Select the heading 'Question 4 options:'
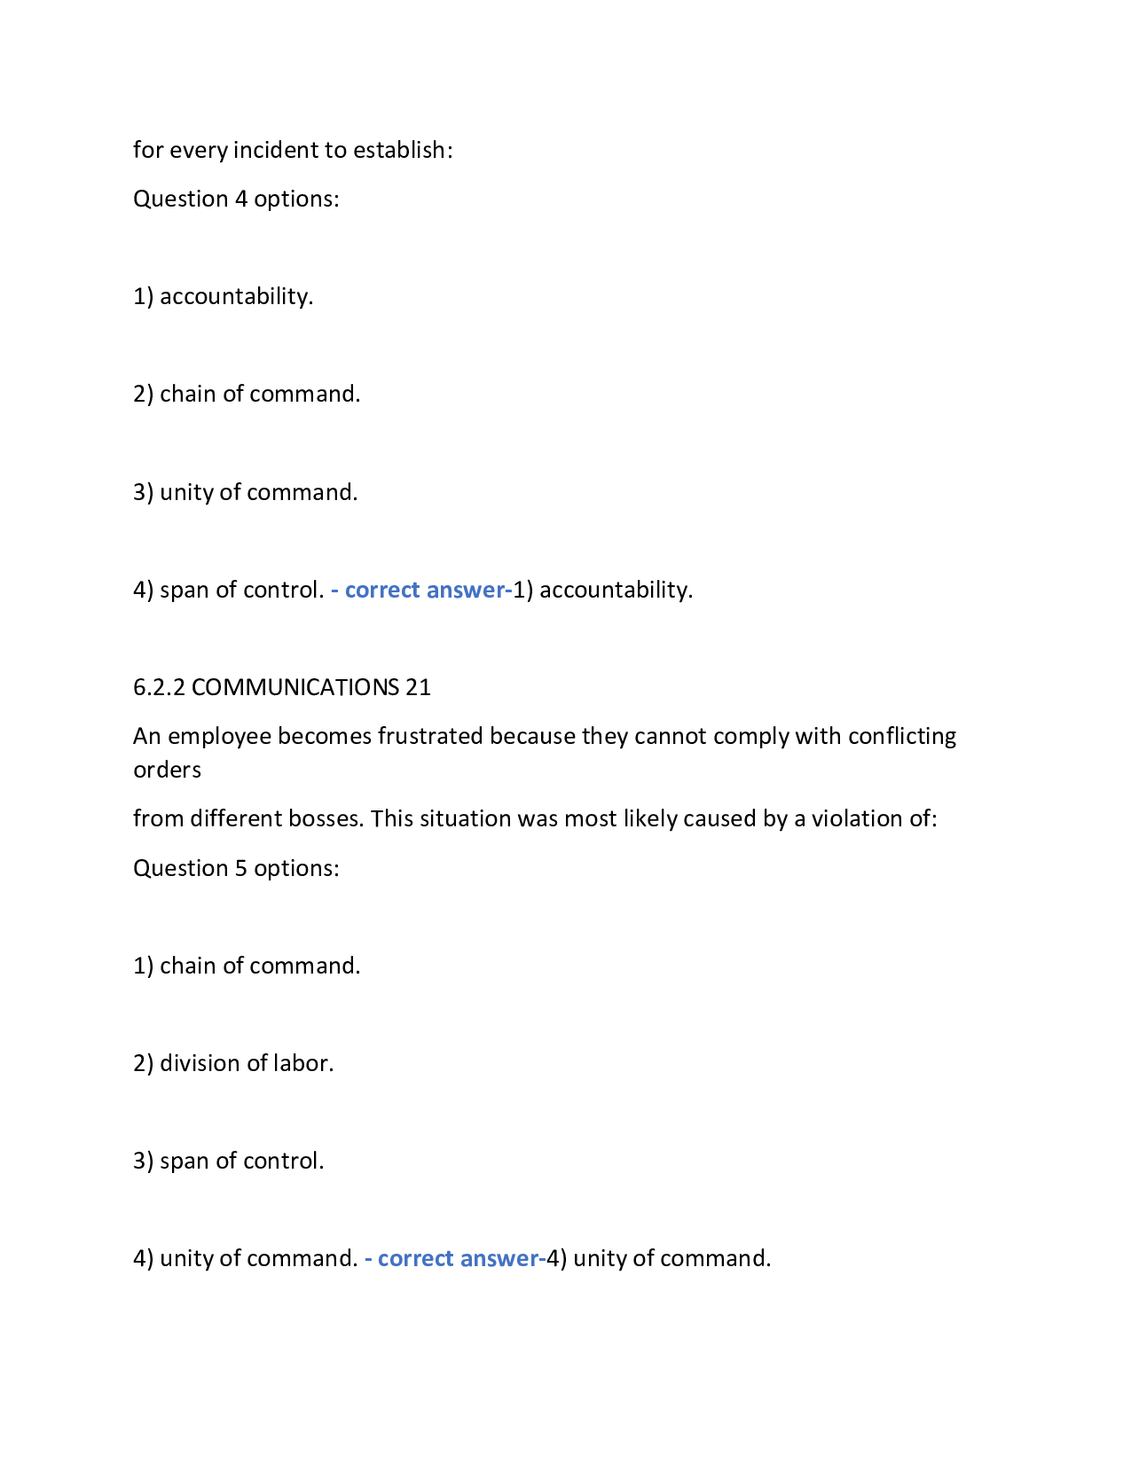(x=236, y=199)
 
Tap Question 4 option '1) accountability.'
(x=224, y=296)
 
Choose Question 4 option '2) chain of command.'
(x=247, y=394)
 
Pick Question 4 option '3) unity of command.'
(x=246, y=492)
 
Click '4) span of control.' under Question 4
(x=229, y=590)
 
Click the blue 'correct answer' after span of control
(x=425, y=590)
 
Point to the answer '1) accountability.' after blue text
(x=603, y=590)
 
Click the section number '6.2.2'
(x=159, y=687)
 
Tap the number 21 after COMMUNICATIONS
(x=418, y=687)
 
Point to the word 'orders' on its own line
(x=167, y=770)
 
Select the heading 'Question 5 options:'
(x=236, y=868)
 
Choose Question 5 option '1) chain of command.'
(x=247, y=966)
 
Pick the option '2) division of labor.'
(x=233, y=1063)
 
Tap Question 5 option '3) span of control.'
(x=229, y=1161)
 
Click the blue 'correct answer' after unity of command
(x=459, y=1258)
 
